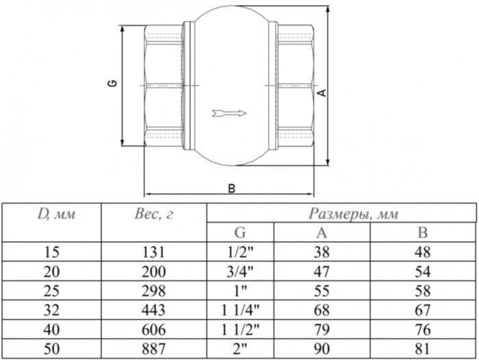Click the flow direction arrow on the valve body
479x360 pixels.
[x=229, y=111]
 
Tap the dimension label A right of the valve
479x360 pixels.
[x=320, y=92]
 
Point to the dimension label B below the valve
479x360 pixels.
[x=231, y=188]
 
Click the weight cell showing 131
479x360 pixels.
[x=154, y=251]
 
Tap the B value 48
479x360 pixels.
[x=422, y=251]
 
